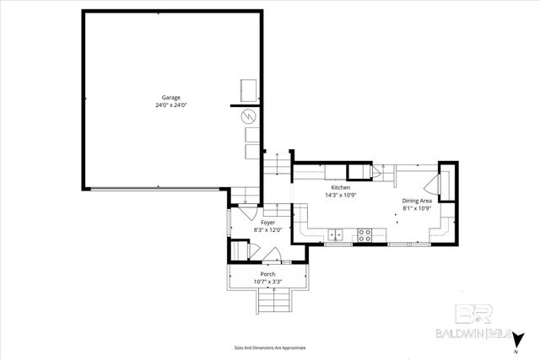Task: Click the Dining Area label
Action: tap(417, 201)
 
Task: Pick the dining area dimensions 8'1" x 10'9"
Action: tap(417, 208)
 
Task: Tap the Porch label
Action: tap(267, 275)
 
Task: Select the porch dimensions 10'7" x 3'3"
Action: tap(267, 282)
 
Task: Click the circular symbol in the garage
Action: tap(249, 116)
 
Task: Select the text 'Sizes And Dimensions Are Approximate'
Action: tap(270, 347)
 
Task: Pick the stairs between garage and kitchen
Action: tap(273, 164)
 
